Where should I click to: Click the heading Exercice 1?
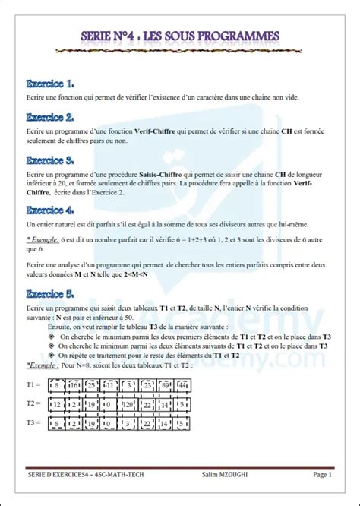tap(49, 83)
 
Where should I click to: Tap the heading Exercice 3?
tap(49, 160)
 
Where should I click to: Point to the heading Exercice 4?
tap(49, 210)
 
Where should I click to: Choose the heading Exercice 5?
tap(49, 293)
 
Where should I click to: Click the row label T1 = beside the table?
tap(34, 386)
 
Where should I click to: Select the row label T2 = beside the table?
tap(34, 403)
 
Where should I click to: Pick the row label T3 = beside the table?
tap(34, 422)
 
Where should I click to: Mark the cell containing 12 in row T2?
tap(55, 404)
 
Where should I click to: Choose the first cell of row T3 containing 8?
tap(55, 422)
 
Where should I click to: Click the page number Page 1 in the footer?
tap(322, 475)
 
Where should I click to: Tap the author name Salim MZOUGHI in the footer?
tap(225, 475)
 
